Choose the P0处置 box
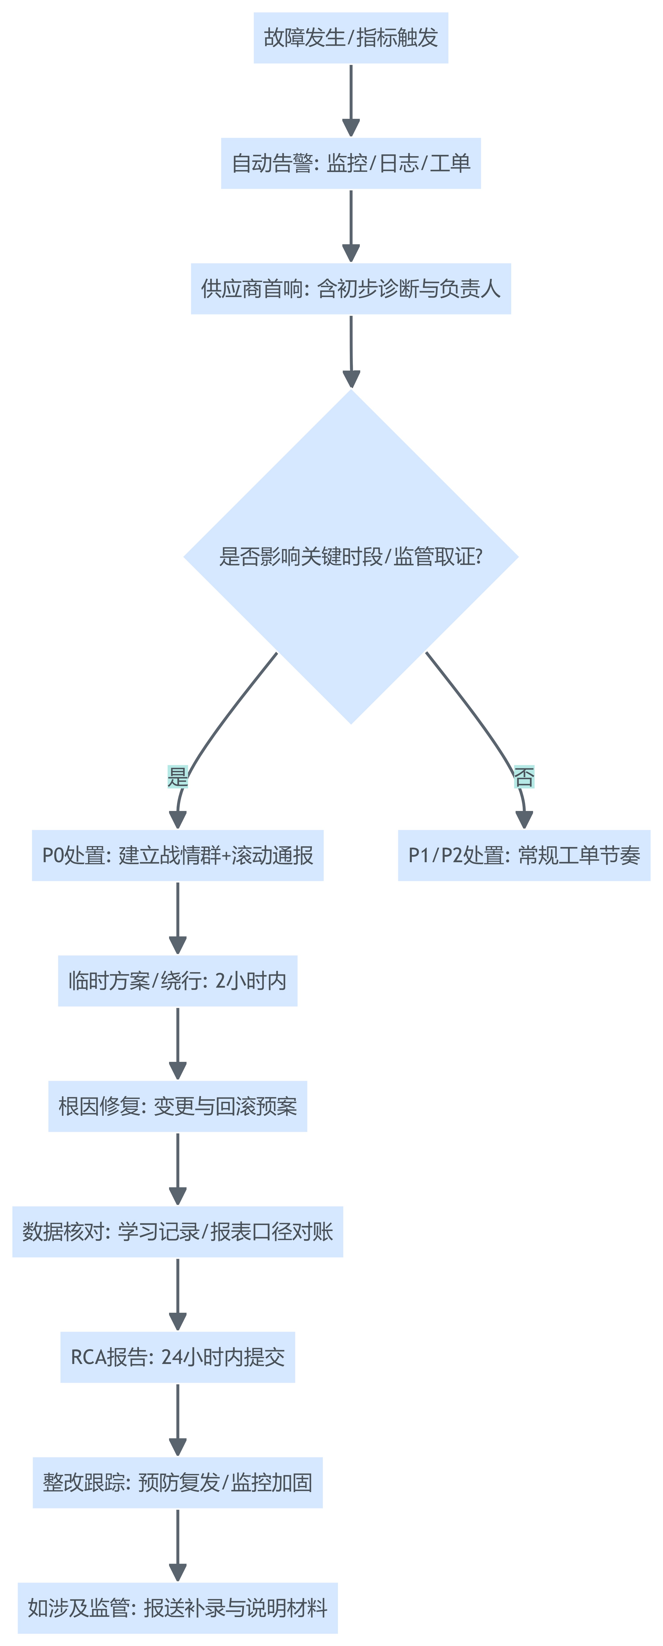tap(178, 856)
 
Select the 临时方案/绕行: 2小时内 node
tap(178, 981)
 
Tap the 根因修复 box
tap(178, 1106)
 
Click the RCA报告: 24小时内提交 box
tap(178, 1357)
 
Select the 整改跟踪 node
tap(178, 1482)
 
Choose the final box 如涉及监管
tap(178, 1608)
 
